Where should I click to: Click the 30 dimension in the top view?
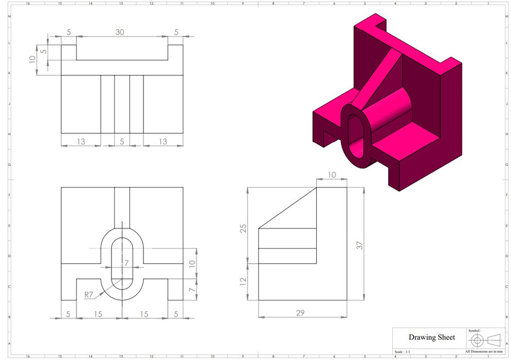[x=120, y=32]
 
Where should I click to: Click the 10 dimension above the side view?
[x=332, y=175]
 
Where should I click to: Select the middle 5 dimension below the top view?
[x=122, y=141]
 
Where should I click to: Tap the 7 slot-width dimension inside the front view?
[x=127, y=263]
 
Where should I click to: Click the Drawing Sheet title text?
[x=432, y=337]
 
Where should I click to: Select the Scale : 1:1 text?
[x=403, y=351]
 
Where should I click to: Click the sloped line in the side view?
[x=287, y=208]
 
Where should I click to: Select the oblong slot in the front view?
[x=122, y=263]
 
